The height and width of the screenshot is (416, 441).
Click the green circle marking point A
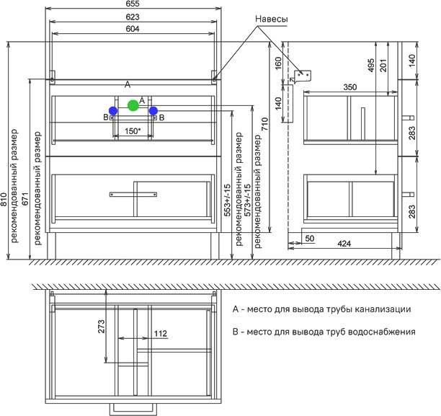tap(133, 105)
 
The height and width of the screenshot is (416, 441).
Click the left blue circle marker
tap(113, 110)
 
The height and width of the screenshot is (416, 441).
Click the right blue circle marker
tap(153, 111)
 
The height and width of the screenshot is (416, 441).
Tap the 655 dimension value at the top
tap(133, 4)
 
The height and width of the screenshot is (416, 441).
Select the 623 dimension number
tap(133, 17)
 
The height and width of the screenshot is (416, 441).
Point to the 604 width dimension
tap(133, 29)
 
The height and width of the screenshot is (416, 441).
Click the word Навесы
tap(272, 19)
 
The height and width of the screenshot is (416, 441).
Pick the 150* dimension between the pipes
tap(133, 131)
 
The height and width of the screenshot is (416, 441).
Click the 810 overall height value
tap(4, 199)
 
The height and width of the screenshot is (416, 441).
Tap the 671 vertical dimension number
tap(26, 199)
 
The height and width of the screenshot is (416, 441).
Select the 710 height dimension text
tap(265, 124)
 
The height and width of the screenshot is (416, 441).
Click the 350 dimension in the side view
tap(350, 87)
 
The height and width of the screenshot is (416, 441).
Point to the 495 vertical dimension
tap(371, 65)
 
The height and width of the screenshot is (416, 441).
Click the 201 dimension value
tap(383, 66)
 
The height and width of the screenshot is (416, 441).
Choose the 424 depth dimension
tap(344, 244)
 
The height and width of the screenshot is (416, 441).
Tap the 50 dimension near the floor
tap(310, 239)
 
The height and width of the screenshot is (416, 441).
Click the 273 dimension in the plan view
tap(102, 326)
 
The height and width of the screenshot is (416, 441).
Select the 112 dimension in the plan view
tap(161, 334)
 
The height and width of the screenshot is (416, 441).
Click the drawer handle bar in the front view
tap(133, 194)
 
